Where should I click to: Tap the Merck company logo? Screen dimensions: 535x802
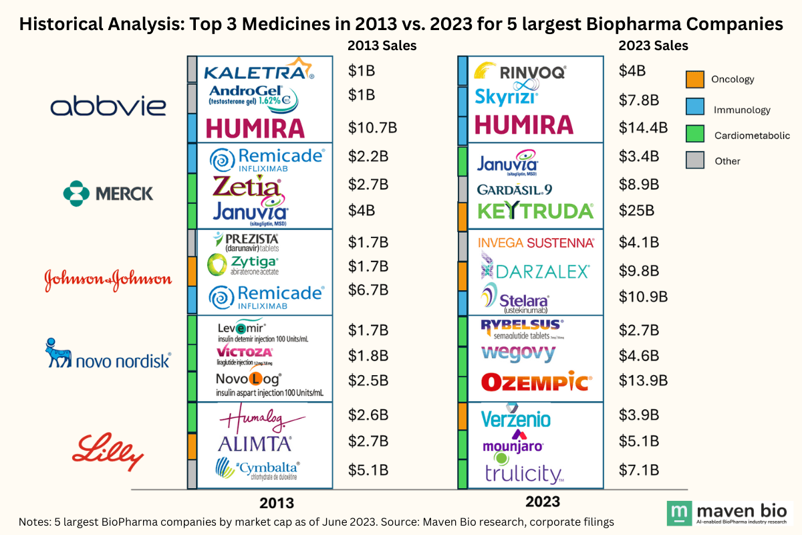[x=108, y=193]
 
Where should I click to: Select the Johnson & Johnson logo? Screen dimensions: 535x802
[x=108, y=280]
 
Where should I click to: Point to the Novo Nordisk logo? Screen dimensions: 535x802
[x=108, y=354]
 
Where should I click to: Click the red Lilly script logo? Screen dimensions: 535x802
[x=108, y=450]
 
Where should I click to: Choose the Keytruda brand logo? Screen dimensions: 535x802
[x=535, y=211]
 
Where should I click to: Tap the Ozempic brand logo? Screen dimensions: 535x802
[x=535, y=382]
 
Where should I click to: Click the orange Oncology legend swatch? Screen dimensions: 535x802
[x=694, y=80]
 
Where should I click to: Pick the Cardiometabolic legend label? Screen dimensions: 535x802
[x=752, y=135]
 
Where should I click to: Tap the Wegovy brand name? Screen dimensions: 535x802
[x=518, y=352]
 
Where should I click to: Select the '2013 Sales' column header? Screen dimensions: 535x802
[x=382, y=46]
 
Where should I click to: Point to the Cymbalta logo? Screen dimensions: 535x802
[x=257, y=469]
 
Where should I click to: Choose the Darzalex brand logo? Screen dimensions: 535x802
[x=535, y=271]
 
